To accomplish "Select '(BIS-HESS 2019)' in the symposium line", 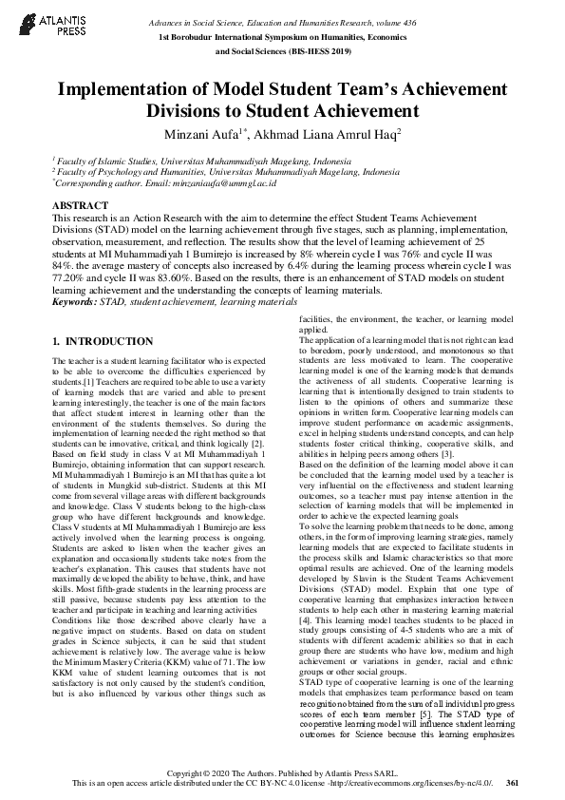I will [322, 52].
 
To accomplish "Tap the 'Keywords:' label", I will [75, 301].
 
